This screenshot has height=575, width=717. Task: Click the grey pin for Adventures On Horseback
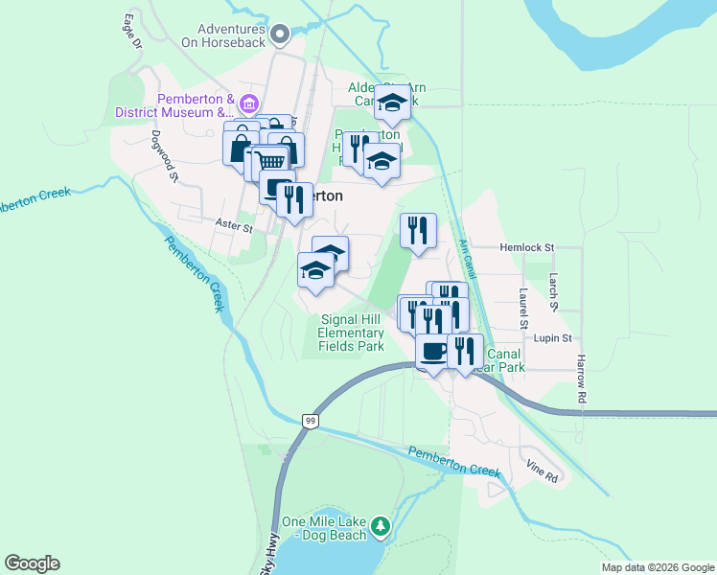point(280,35)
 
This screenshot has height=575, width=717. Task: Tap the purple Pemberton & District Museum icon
point(248,104)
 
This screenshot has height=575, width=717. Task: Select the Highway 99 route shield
point(309,421)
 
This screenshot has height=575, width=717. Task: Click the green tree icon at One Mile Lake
point(382,525)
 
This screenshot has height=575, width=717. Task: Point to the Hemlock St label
point(527,247)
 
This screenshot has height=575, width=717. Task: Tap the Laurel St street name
point(524,309)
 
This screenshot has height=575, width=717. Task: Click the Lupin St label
point(552,338)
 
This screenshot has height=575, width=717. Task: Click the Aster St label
point(233,228)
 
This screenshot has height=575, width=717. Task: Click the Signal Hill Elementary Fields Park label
point(352,333)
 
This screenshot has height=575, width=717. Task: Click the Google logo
point(32,563)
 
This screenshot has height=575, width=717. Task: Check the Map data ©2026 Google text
point(657,567)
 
